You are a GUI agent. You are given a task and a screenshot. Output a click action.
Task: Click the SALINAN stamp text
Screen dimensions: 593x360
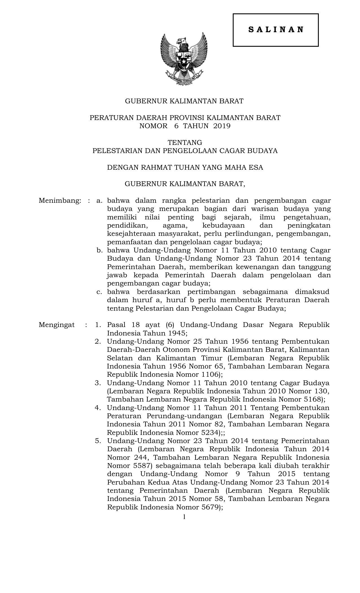pos(276,30)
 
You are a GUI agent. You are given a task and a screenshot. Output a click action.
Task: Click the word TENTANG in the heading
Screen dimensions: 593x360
pos(185,142)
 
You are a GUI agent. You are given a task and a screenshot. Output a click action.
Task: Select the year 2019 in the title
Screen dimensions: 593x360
pos(222,126)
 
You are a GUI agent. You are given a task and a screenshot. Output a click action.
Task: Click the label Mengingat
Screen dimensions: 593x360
pos(57,325)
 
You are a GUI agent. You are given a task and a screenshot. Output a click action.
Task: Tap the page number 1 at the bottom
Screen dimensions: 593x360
pos(184,517)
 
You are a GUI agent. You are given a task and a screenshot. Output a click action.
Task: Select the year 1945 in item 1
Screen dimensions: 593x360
pos(176,333)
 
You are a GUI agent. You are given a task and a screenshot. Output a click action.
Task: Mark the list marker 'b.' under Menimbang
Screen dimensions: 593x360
pos(99,250)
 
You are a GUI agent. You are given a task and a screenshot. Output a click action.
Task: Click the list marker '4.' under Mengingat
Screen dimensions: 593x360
pos(98,408)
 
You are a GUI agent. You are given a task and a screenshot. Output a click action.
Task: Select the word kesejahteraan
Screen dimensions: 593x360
pos(131,234)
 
